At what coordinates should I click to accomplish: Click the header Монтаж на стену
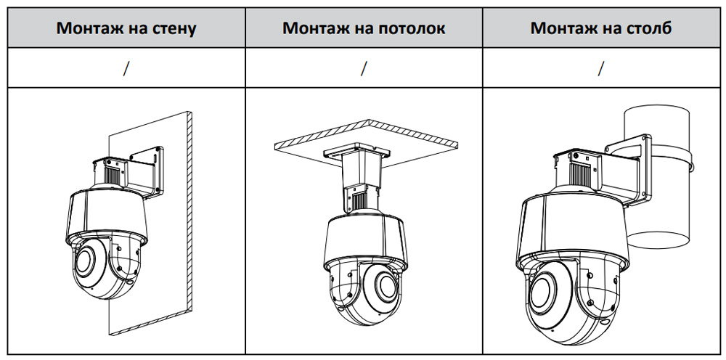click(126, 28)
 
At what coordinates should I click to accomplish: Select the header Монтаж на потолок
click(364, 28)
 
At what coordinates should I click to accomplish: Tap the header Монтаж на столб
click(600, 28)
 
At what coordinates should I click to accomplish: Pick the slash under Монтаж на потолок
click(364, 68)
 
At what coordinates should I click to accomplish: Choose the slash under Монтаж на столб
click(601, 68)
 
